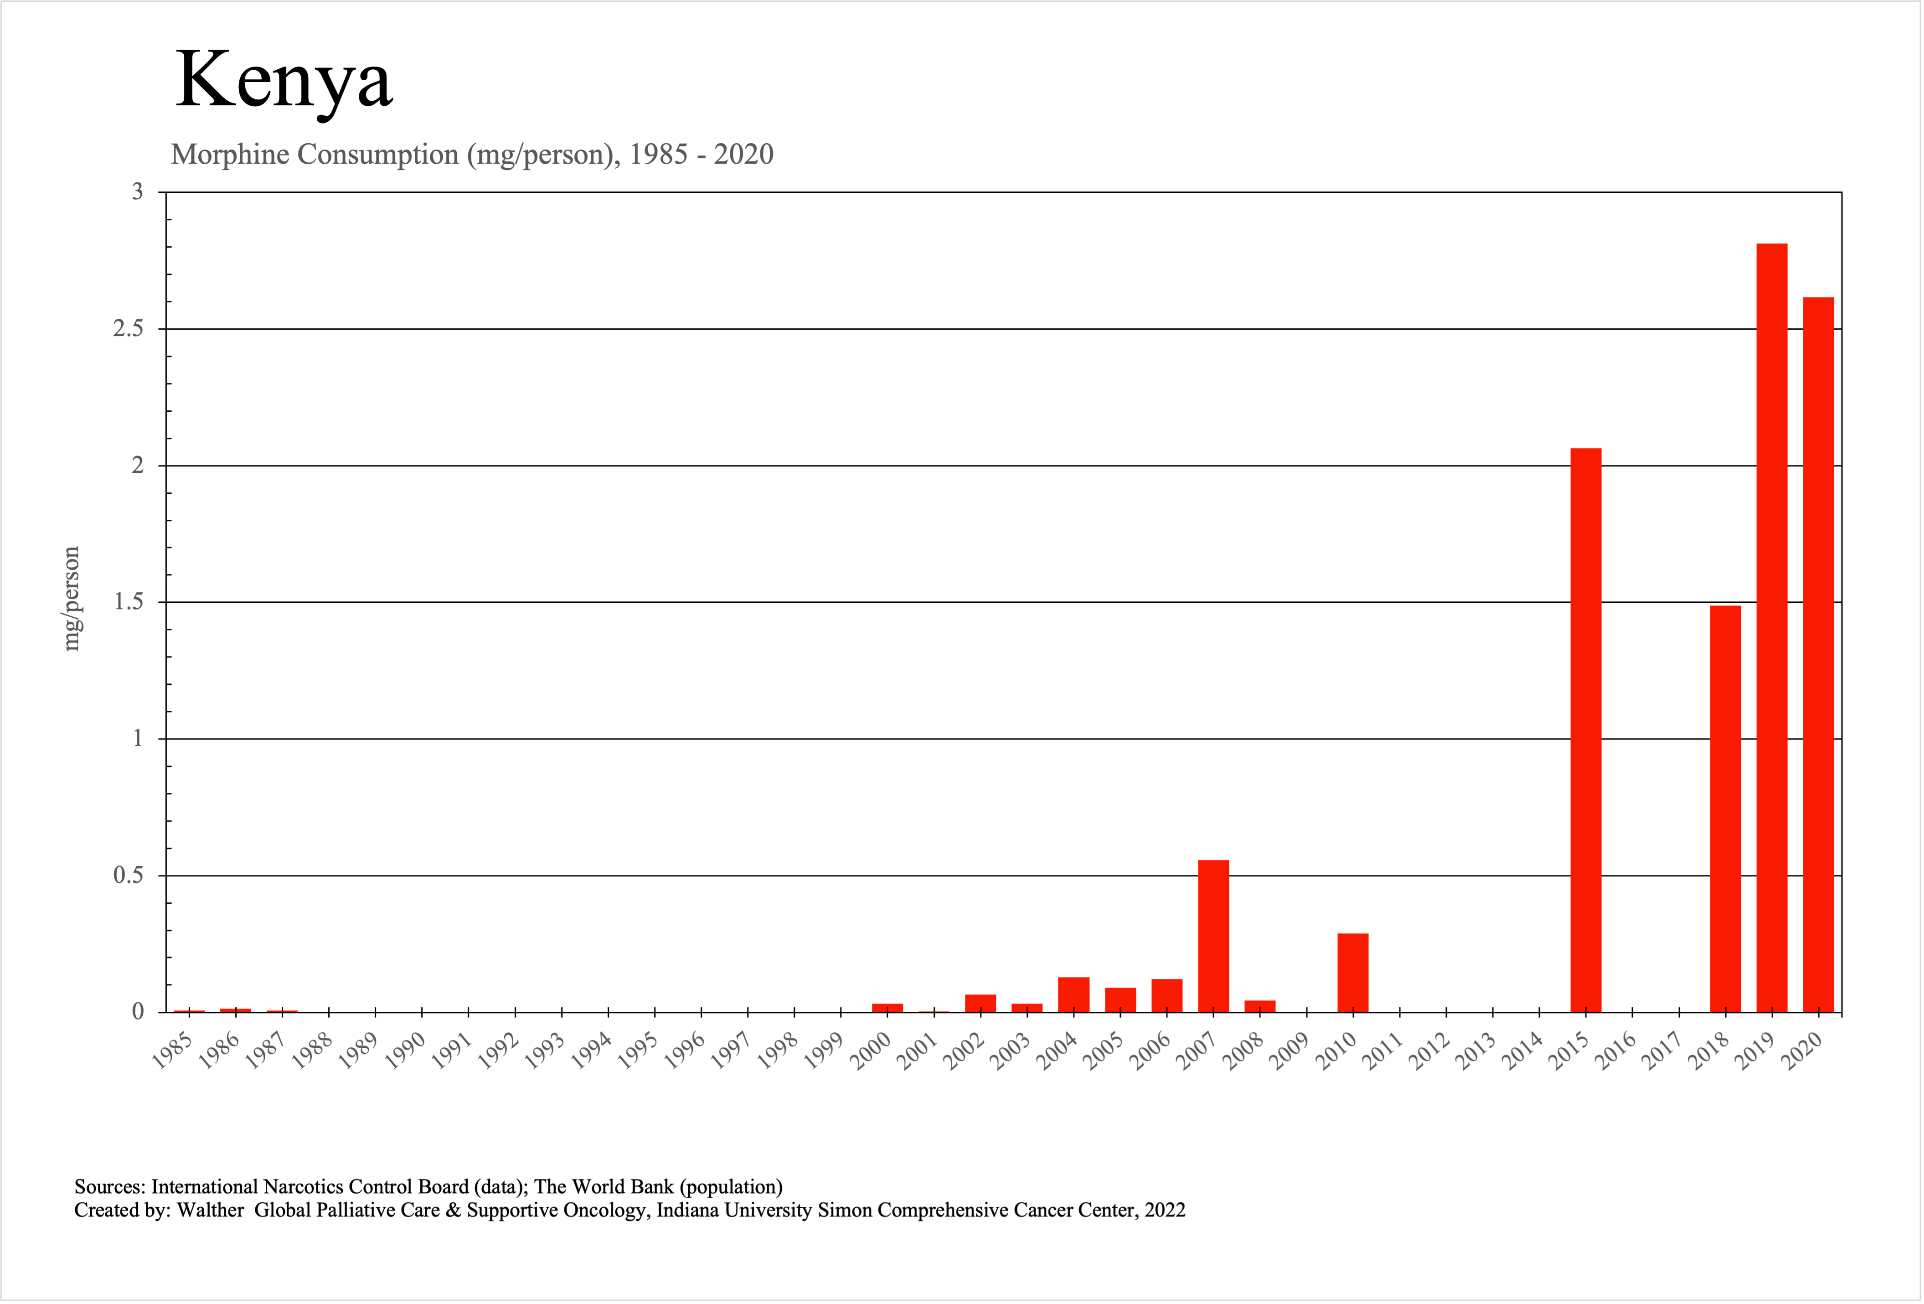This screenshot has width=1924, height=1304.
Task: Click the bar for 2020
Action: coord(1818,654)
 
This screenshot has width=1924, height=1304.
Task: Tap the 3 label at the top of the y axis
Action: coord(138,192)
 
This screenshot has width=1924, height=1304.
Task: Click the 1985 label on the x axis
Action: coord(172,1051)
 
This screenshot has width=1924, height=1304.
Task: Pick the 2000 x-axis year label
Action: coord(871,1051)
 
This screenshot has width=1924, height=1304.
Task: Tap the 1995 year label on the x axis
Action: coord(638,1051)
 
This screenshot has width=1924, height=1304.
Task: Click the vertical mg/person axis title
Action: coord(72,599)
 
